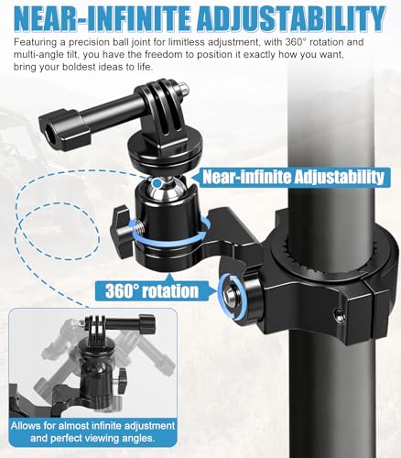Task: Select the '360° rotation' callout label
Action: click(153, 291)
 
